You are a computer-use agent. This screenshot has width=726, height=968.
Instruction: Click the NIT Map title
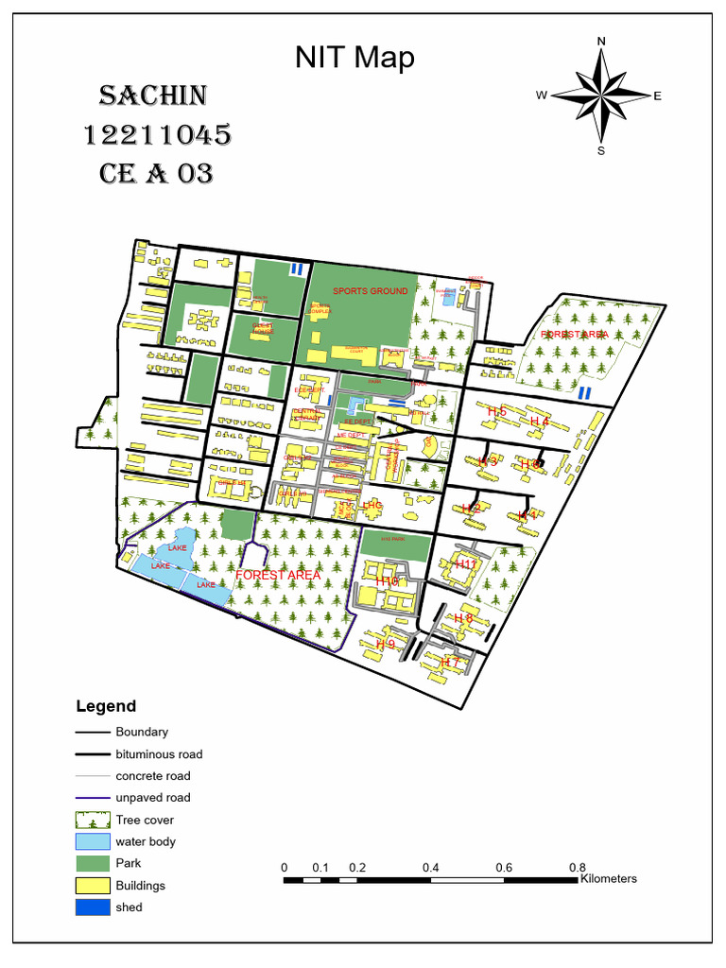click(x=354, y=59)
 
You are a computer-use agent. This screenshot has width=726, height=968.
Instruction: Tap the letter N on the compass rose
click(x=601, y=41)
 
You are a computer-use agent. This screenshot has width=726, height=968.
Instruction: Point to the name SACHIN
click(x=153, y=95)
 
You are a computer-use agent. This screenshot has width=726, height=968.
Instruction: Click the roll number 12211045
click(x=158, y=135)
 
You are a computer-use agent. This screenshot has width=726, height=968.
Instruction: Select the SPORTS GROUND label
click(x=370, y=291)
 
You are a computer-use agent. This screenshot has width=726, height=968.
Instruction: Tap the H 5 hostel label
click(x=497, y=411)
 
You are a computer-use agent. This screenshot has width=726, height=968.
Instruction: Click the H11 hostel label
click(x=466, y=564)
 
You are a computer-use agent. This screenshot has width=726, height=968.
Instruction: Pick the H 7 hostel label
click(x=450, y=663)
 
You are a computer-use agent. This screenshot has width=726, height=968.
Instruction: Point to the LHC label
click(x=372, y=506)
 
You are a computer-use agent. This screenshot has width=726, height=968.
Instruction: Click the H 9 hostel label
click(x=385, y=644)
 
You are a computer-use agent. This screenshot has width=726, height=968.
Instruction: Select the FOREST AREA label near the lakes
click(x=278, y=575)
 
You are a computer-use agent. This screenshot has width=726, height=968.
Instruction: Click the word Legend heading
click(x=106, y=706)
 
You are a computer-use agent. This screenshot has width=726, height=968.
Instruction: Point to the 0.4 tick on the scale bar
click(x=431, y=868)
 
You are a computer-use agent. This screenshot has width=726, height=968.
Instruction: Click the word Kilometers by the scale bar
click(x=609, y=879)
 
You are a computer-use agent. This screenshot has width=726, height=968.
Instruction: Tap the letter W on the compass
click(x=542, y=95)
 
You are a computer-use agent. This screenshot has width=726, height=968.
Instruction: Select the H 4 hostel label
click(x=540, y=422)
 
